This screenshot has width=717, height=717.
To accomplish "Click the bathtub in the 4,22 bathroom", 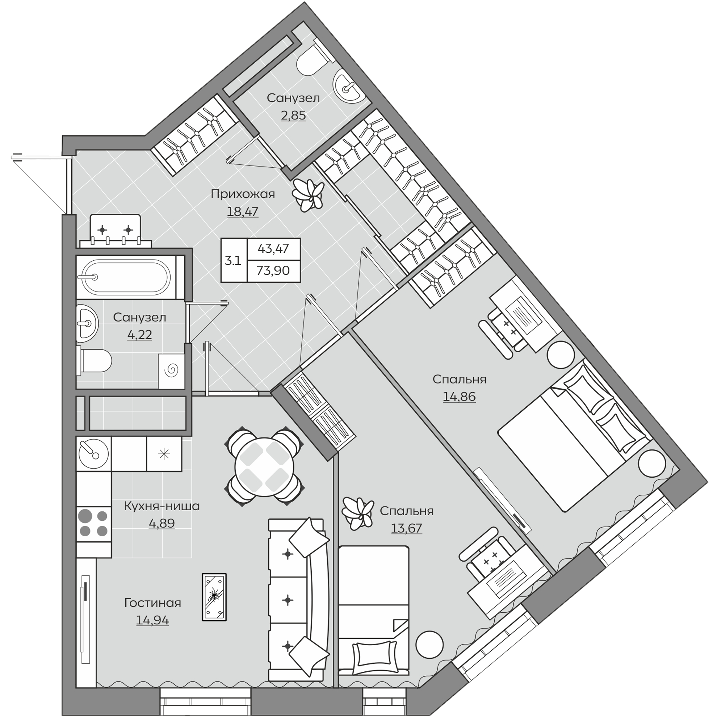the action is (x=126, y=277).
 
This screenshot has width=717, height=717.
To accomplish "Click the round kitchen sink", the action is (x=93, y=453).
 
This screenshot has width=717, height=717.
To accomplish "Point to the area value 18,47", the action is (x=243, y=211).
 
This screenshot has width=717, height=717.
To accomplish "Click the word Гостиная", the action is (x=152, y=603).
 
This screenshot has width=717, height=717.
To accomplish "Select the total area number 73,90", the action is (x=273, y=271).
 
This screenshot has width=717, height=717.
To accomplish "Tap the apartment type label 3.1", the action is (x=233, y=260).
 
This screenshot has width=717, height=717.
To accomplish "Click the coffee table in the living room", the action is (x=214, y=596).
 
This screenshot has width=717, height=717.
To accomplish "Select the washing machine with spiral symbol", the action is (x=171, y=371).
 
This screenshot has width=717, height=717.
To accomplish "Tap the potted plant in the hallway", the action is (x=307, y=195).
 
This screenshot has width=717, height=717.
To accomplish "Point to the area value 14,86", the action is (x=459, y=397).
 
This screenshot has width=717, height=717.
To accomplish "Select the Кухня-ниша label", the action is (x=162, y=506).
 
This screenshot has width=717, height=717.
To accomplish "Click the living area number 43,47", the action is (x=273, y=248).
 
